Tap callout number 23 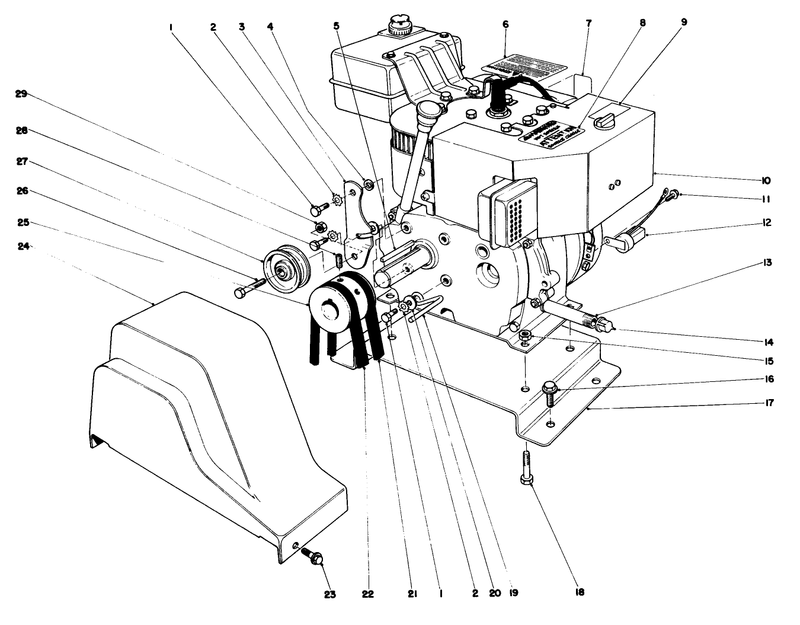coord(329,594)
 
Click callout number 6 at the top coord(505,24)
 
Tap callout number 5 coord(337,26)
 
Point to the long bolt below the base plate coord(526,468)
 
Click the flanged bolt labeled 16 coord(549,392)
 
